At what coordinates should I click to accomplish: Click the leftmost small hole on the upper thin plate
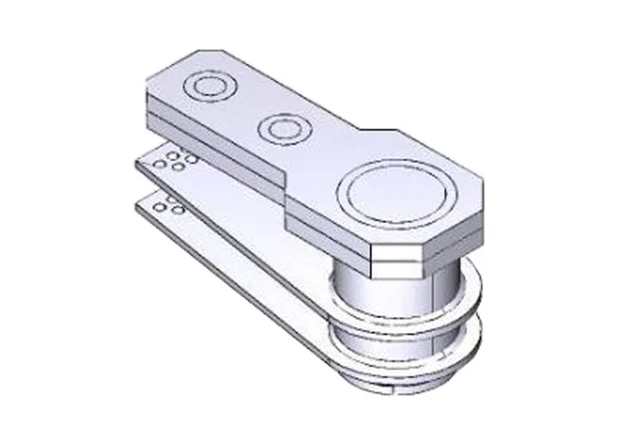(x=158, y=165)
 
